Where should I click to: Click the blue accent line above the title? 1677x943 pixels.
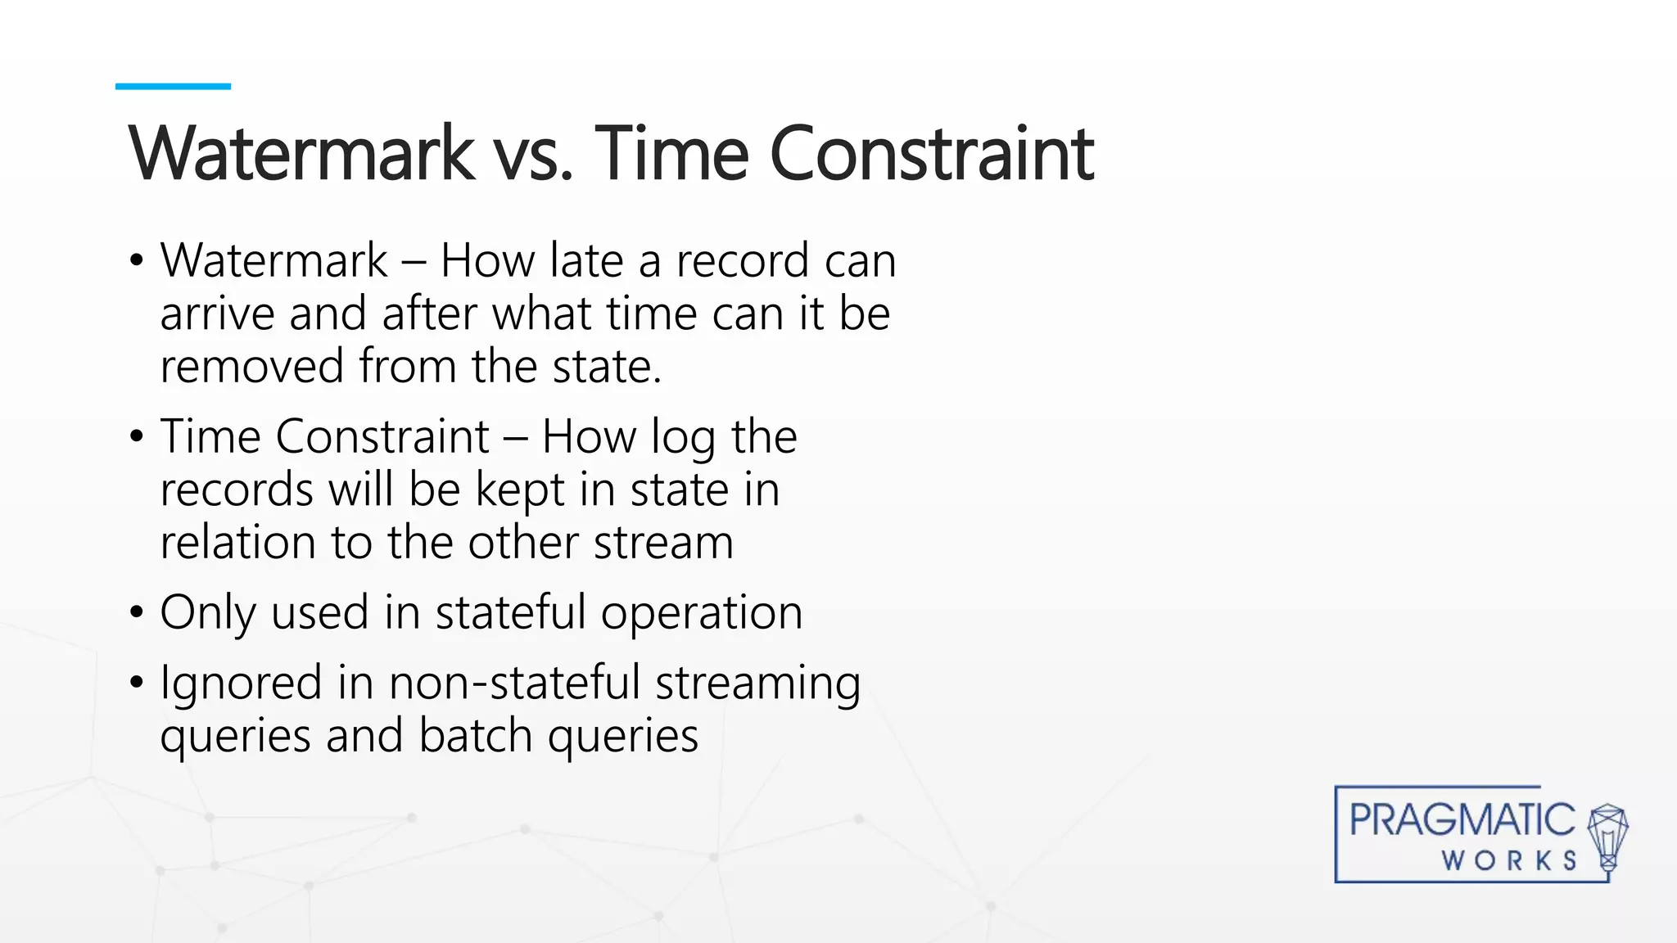(x=173, y=86)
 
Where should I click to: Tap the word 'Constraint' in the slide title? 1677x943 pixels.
(x=931, y=154)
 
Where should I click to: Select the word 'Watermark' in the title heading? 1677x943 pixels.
(x=301, y=154)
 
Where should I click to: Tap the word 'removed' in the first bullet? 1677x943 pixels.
(x=251, y=367)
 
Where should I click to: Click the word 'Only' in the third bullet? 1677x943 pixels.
(x=207, y=613)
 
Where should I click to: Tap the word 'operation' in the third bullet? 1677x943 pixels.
(x=702, y=613)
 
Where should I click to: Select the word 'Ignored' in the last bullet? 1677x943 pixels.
(x=241, y=684)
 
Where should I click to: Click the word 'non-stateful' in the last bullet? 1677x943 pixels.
(x=514, y=684)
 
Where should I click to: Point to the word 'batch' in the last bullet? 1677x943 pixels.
(x=476, y=736)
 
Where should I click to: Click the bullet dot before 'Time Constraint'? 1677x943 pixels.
(x=136, y=436)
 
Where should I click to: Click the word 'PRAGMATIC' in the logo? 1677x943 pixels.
(x=1462, y=820)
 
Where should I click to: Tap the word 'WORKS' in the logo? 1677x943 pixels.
(x=1508, y=861)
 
